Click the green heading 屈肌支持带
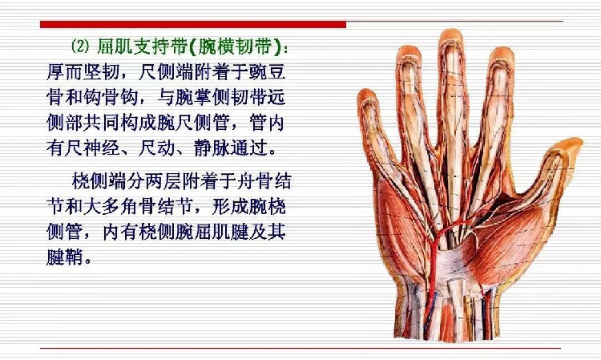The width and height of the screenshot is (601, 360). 142,47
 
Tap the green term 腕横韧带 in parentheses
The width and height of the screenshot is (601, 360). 233,47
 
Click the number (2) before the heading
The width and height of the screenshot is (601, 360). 80,47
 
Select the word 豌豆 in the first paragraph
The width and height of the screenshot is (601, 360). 267,71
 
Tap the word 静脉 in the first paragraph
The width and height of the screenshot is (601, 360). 212,148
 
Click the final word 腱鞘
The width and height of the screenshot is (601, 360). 65,257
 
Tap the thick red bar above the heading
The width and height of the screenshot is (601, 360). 193,25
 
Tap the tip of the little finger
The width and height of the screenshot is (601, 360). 366,92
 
